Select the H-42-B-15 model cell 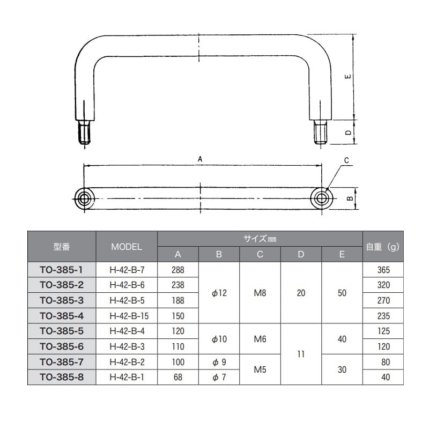127,315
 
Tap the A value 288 178,269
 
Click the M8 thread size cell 260,293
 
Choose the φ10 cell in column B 219,339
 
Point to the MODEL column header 127,247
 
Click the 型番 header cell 61,247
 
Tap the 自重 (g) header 383,247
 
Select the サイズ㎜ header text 260,239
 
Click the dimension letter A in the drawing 200,159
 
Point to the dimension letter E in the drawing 349,77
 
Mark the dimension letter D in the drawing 349,132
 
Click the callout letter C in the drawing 346,160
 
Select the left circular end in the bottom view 84,198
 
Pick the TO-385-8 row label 61,378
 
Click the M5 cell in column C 260,369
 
